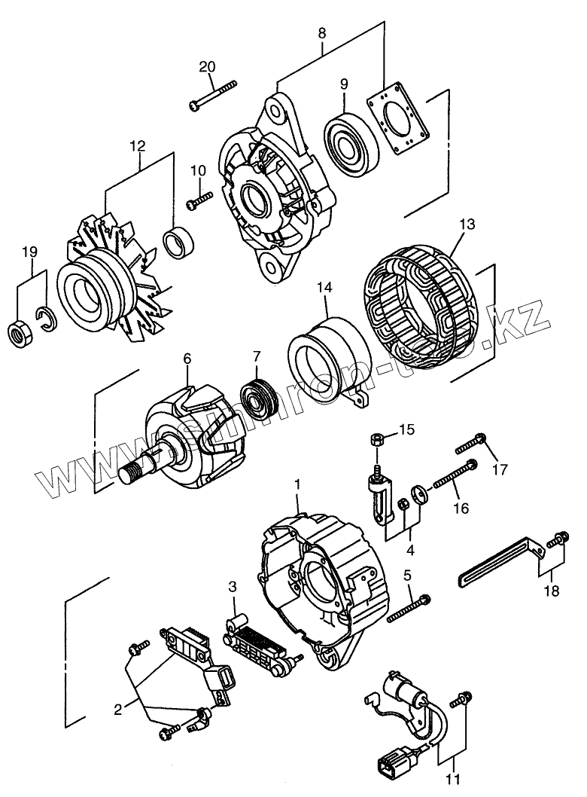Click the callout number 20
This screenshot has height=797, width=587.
click(x=207, y=67)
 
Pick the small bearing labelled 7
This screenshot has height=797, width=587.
click(x=257, y=400)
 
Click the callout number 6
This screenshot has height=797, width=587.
click(x=187, y=360)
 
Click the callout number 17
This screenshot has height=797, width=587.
click(x=500, y=471)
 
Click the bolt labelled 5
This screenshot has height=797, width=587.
click(x=410, y=609)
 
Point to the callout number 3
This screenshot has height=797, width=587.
click(x=233, y=585)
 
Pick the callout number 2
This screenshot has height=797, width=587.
click(x=118, y=708)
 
